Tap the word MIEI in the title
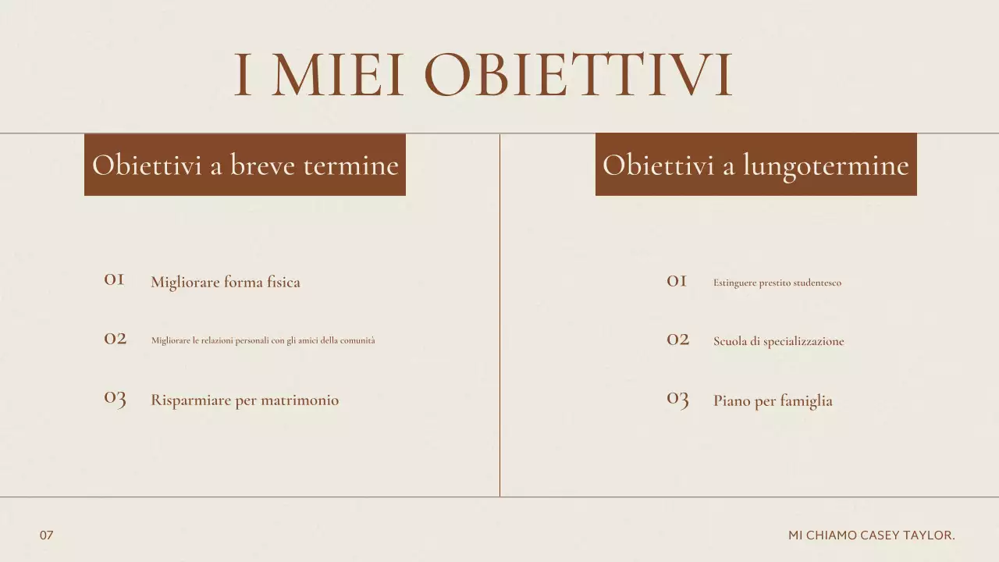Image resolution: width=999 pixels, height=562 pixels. [338, 76]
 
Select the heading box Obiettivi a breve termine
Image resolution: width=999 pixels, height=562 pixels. [245, 165]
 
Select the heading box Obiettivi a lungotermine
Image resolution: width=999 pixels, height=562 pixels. [755, 165]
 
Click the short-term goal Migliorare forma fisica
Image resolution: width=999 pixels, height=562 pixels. [225, 282]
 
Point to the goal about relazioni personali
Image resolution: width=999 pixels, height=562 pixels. [263, 340]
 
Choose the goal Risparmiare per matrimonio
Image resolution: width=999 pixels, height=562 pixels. [244, 400]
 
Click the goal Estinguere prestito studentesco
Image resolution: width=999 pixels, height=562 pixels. [777, 283]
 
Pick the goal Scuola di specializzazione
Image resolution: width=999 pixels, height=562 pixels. [778, 341]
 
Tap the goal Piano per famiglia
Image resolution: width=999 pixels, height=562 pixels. [773, 401]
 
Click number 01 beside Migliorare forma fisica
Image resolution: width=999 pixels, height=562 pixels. [114, 279]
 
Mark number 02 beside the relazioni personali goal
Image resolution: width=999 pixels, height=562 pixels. [115, 338]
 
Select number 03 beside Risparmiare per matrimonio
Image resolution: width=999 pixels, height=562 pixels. [115, 398]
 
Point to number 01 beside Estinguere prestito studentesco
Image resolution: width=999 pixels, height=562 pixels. [677, 281]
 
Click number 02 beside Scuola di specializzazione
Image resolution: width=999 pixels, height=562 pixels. [677, 340]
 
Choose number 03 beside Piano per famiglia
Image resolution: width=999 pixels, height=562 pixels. [677, 400]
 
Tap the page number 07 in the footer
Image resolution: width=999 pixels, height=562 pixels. [47, 535]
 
